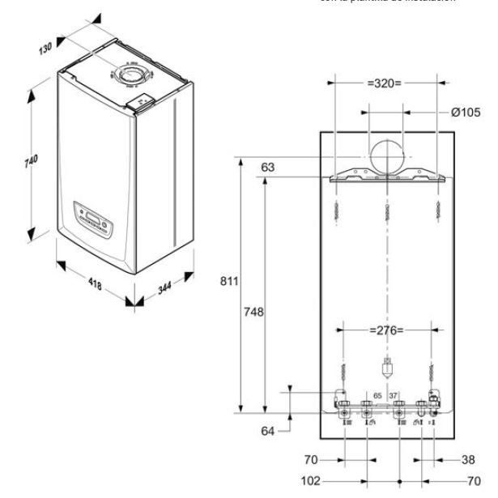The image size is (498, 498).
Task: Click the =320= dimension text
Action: tap(385, 83)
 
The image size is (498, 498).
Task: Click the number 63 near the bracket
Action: tap(269, 168)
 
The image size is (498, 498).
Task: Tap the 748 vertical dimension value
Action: tap(254, 310)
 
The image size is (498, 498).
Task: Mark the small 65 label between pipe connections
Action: tap(376, 396)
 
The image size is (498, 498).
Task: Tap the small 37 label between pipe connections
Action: tap(394, 396)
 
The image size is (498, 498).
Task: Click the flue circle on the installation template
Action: tap(387, 155)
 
